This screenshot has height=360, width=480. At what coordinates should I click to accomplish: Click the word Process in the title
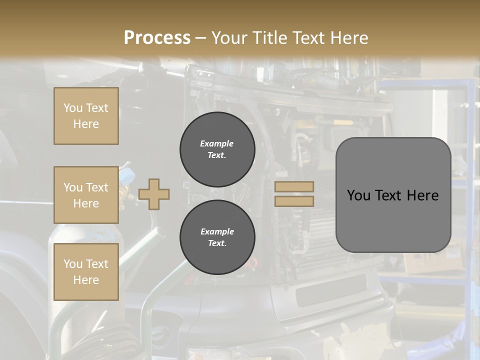[157, 38]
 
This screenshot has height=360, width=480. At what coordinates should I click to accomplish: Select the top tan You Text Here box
[86, 116]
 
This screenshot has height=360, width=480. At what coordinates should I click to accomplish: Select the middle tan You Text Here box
[86, 195]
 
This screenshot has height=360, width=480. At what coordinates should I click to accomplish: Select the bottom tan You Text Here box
[86, 272]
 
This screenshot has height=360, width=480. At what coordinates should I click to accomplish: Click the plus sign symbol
[154, 194]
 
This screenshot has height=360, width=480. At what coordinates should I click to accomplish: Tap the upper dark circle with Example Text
[217, 149]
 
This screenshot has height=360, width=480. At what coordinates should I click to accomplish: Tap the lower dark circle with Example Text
[217, 237]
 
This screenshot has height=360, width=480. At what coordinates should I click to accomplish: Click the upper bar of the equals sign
[294, 187]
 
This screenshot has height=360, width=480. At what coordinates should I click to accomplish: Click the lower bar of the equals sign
[294, 201]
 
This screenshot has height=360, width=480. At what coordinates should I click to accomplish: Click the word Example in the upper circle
[217, 143]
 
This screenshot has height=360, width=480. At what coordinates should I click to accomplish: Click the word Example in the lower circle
[217, 231]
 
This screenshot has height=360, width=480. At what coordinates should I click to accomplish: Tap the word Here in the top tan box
[86, 124]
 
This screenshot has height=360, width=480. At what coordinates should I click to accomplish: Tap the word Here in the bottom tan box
[86, 280]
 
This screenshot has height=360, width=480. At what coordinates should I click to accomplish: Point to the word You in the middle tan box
[72, 187]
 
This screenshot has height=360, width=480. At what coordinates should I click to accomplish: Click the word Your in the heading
[230, 38]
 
